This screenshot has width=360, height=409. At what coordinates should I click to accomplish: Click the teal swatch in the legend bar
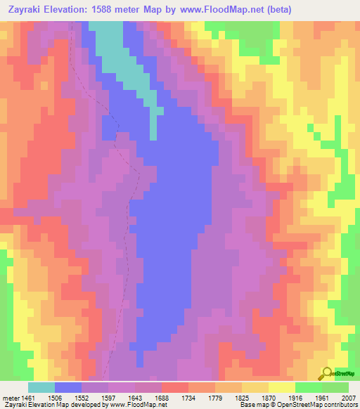coord(41,387)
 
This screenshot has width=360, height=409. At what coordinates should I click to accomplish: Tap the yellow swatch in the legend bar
coord(282,387)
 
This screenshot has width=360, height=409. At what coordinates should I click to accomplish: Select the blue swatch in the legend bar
coord(68,387)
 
